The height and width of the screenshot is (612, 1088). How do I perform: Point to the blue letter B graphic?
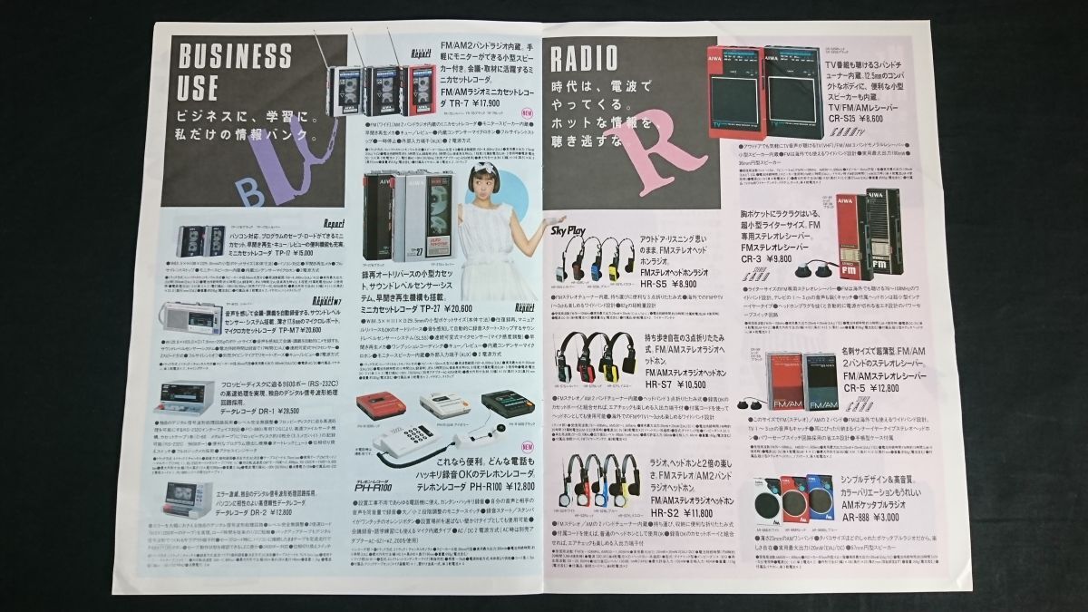point(222,189)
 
